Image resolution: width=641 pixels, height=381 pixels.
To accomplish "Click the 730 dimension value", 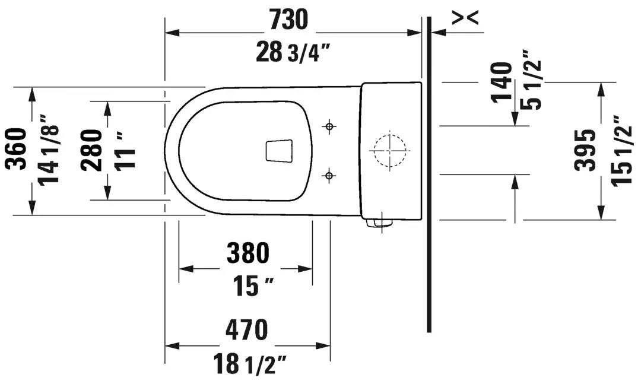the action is pyautogui.click(x=288, y=20).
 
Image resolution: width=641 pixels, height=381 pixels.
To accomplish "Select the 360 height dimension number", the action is pyautogui.click(x=17, y=149).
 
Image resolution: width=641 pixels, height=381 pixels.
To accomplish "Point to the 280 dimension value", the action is pyautogui.click(x=91, y=150).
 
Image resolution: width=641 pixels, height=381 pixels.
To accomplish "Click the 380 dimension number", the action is pyautogui.click(x=247, y=253).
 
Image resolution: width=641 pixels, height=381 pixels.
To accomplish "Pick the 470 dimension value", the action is pyautogui.click(x=247, y=329).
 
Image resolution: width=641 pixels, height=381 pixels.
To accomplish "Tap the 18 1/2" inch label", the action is pyautogui.click(x=249, y=364).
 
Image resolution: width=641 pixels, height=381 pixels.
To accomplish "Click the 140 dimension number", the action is pyautogui.click(x=502, y=82).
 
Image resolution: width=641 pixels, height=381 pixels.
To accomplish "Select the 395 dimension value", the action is pyautogui.click(x=585, y=150).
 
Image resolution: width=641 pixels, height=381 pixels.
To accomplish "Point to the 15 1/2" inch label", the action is pyautogui.click(x=622, y=150).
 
